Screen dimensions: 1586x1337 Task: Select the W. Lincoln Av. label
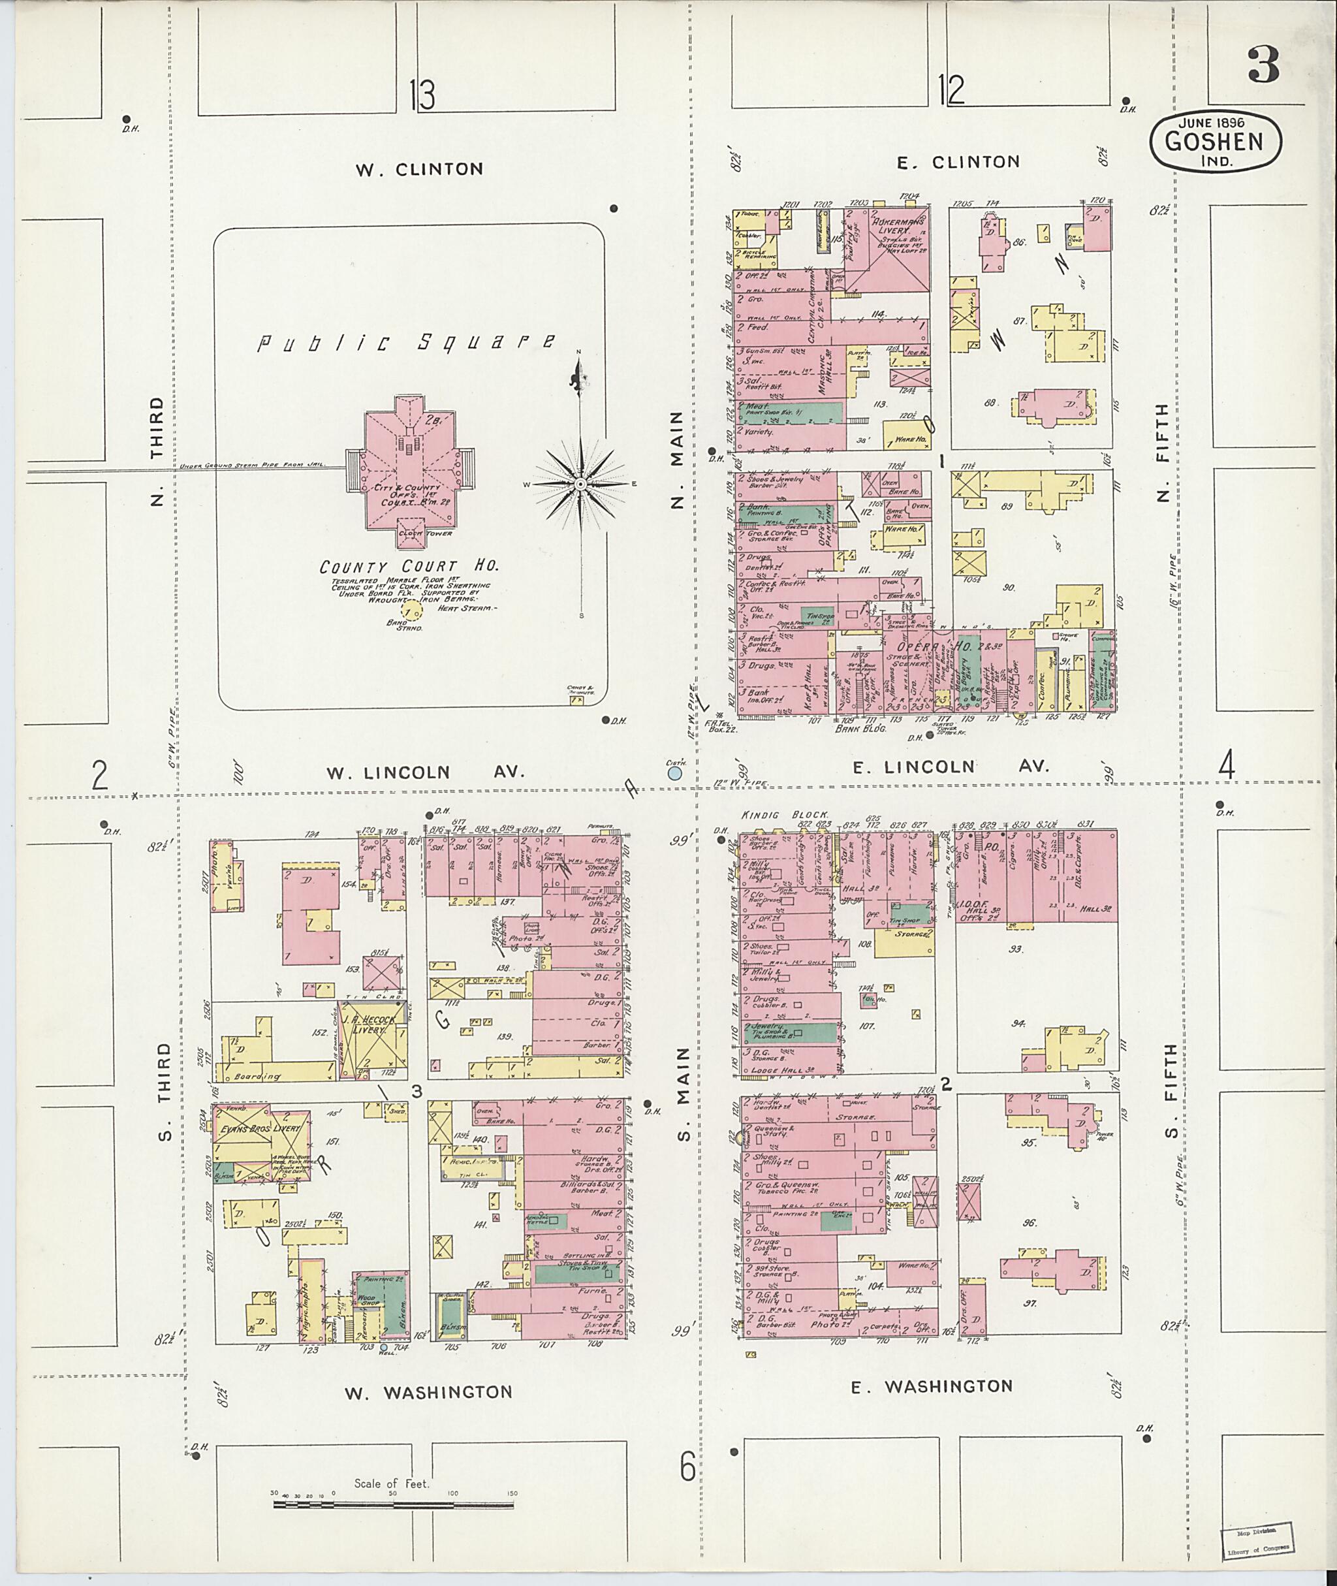(x=425, y=772)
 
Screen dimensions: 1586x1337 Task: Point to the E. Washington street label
(x=932, y=1387)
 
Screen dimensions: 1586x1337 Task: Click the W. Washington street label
(x=428, y=1393)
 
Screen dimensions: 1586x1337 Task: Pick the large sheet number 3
(x=1263, y=66)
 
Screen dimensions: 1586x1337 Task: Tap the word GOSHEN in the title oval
(x=1215, y=142)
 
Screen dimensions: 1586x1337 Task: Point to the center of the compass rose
(x=580, y=484)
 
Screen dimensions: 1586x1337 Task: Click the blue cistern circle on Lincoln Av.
(x=674, y=773)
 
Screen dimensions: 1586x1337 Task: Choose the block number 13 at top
(x=422, y=95)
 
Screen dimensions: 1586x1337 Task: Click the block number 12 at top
(x=951, y=90)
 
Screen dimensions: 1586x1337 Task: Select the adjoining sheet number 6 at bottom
(x=687, y=1468)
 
